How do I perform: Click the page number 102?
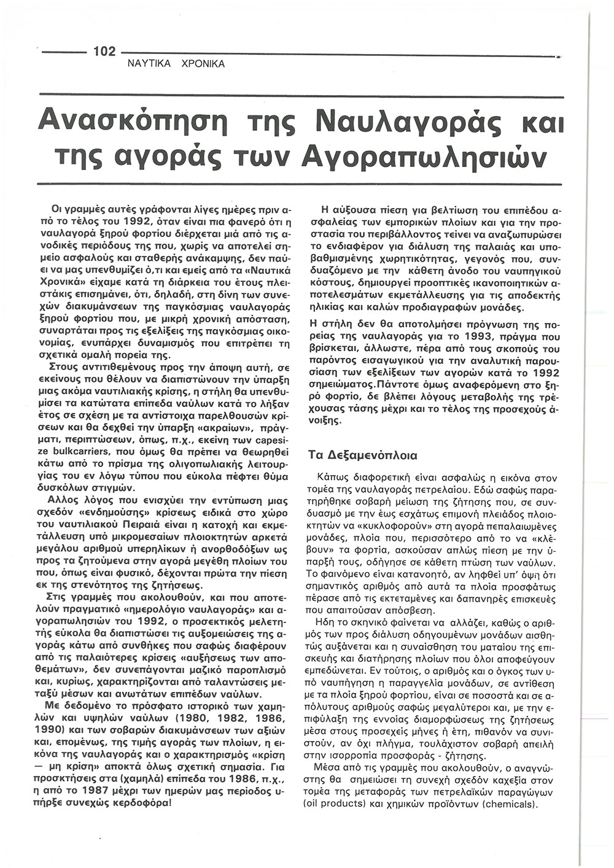point(104,52)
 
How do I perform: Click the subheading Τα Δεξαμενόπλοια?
point(363,455)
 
